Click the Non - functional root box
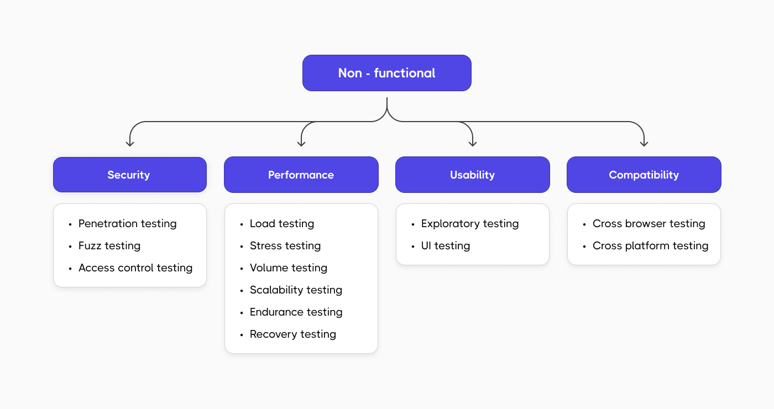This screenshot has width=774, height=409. pyautogui.click(x=386, y=73)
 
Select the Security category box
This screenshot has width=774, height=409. pyautogui.click(x=129, y=175)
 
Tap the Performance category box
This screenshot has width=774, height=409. pyautogui.click(x=301, y=175)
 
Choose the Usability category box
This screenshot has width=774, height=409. pyautogui.click(x=472, y=175)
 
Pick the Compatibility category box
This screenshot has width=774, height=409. pyautogui.click(x=644, y=175)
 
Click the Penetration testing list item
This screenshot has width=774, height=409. pyautogui.click(x=127, y=224)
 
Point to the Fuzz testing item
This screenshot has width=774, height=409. pyautogui.click(x=109, y=246)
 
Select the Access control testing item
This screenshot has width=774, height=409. pyautogui.click(x=135, y=268)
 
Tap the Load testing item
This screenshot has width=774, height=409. pyautogui.click(x=281, y=224)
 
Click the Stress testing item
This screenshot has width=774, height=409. pyautogui.click(x=285, y=246)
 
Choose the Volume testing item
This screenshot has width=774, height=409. pyautogui.click(x=288, y=268)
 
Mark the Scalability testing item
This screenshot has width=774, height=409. pyautogui.click(x=296, y=290)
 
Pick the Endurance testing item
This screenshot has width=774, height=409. pyautogui.click(x=296, y=312)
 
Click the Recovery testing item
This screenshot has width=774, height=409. pyautogui.click(x=292, y=334)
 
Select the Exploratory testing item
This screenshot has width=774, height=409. pyautogui.click(x=469, y=224)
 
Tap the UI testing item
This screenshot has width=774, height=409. pyautogui.click(x=445, y=246)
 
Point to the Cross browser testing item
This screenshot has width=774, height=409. pyautogui.click(x=649, y=224)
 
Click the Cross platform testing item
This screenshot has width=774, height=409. pyautogui.click(x=650, y=246)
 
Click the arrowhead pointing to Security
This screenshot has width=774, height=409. pyautogui.click(x=130, y=143)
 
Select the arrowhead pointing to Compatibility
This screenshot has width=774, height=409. pyautogui.click(x=644, y=143)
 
